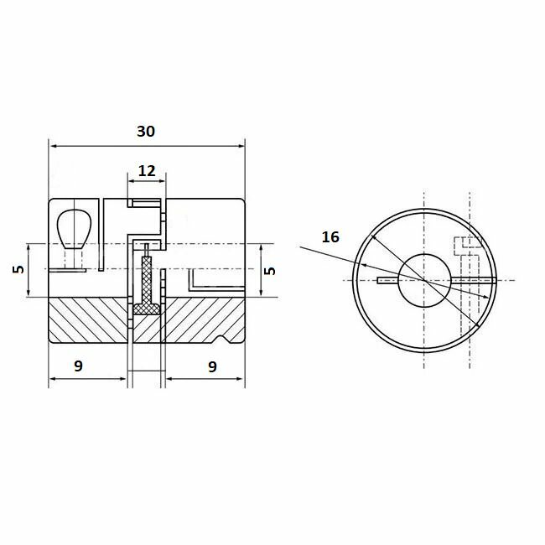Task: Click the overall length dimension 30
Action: pos(145,132)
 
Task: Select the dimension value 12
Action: pos(147,170)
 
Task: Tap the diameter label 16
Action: pos(330,237)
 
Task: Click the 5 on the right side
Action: pos(269,270)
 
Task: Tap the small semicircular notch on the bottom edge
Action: pos(223,340)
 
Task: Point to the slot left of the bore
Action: pos(387,279)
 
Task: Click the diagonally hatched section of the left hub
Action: pos(88,320)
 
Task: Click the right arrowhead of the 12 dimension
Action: pos(163,179)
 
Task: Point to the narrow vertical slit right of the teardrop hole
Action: pos(100,235)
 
